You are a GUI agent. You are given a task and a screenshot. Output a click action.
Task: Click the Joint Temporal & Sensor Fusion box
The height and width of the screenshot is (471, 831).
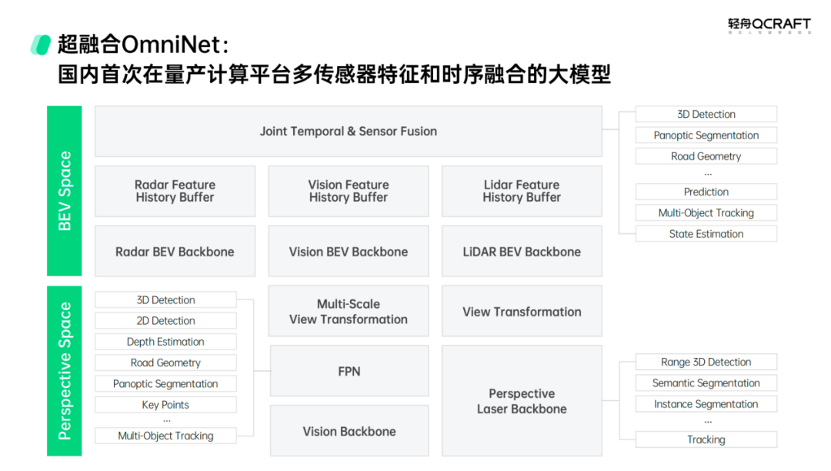pos(348,132)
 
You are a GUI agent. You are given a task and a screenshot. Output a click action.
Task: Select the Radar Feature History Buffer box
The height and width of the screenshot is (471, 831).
pos(175,191)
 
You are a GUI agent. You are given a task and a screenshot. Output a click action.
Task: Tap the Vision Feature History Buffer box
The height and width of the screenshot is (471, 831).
pos(348,191)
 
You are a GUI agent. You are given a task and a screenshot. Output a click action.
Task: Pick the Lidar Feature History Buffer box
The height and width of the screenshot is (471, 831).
pos(522,191)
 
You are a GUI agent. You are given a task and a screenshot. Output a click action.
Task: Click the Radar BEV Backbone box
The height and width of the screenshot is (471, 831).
pos(175,252)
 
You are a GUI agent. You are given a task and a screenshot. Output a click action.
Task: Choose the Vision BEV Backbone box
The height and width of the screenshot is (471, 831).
pos(348,252)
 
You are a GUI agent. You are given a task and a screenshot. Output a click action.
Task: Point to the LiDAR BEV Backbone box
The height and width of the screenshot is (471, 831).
pos(522,252)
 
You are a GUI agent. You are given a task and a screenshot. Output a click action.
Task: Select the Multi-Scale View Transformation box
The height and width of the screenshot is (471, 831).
pos(348,312)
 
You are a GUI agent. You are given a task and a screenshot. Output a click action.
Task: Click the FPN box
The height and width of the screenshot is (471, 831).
pos(349,371)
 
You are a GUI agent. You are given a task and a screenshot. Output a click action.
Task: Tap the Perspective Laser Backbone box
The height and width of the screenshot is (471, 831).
pos(522,401)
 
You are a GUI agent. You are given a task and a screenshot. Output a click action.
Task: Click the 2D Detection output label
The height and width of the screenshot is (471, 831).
pos(165,321)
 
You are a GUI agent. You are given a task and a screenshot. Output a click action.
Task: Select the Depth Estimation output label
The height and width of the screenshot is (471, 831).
pos(165,342)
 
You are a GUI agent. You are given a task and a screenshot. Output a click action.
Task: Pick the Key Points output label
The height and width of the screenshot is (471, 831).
pos(165,405)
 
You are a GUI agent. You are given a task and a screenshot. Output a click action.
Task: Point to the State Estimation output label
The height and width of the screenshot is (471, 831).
pos(706,234)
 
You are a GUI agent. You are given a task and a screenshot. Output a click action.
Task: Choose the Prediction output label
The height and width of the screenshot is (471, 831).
pos(706,192)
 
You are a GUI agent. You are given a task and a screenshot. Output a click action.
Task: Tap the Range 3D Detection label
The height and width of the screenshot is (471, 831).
pos(706,362)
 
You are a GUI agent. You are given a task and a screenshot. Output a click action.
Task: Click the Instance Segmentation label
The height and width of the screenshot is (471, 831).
pos(706,404)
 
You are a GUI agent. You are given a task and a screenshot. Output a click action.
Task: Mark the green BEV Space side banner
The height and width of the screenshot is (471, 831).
pos(65,191)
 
